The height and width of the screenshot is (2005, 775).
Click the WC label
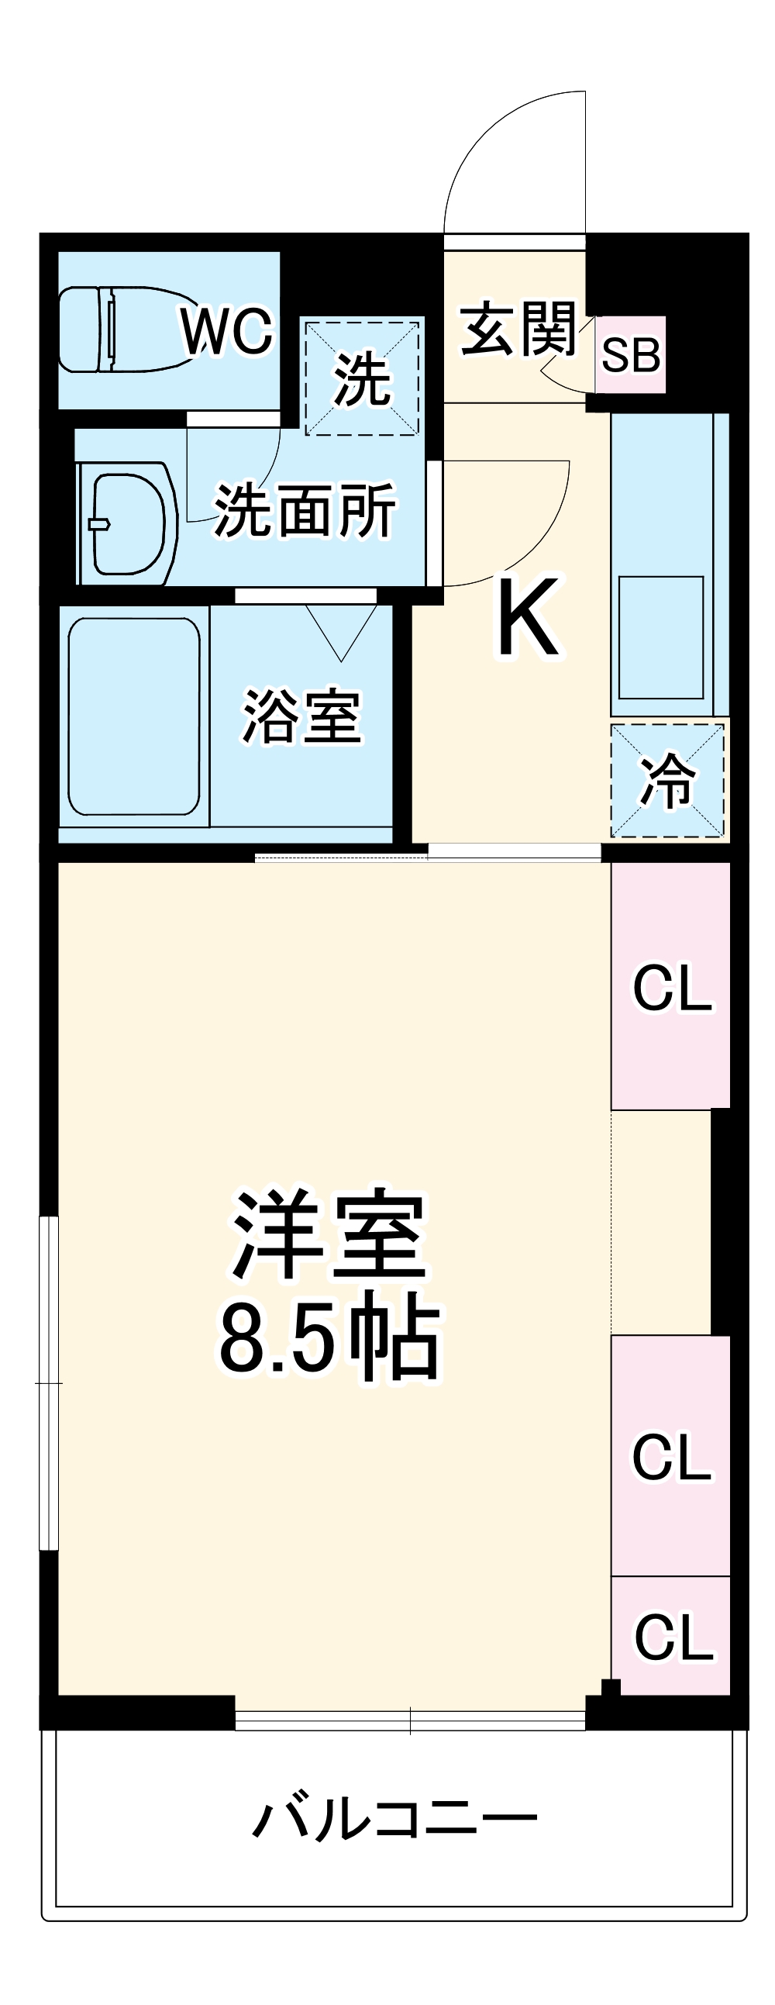click(x=227, y=331)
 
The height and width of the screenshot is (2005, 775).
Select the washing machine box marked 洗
click(x=362, y=378)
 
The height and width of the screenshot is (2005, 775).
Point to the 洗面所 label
click(x=305, y=511)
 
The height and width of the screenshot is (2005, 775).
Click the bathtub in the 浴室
click(x=134, y=716)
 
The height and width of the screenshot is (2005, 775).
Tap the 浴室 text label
click(x=302, y=716)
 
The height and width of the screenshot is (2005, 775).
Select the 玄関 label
click(x=518, y=330)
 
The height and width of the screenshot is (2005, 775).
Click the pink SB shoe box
click(x=630, y=355)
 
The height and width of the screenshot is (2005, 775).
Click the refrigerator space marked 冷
click(x=666, y=781)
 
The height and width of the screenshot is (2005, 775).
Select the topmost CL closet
click(x=670, y=987)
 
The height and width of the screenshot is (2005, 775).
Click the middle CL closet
click(x=670, y=1455)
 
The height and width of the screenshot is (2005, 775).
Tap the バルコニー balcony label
click(x=394, y=1819)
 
